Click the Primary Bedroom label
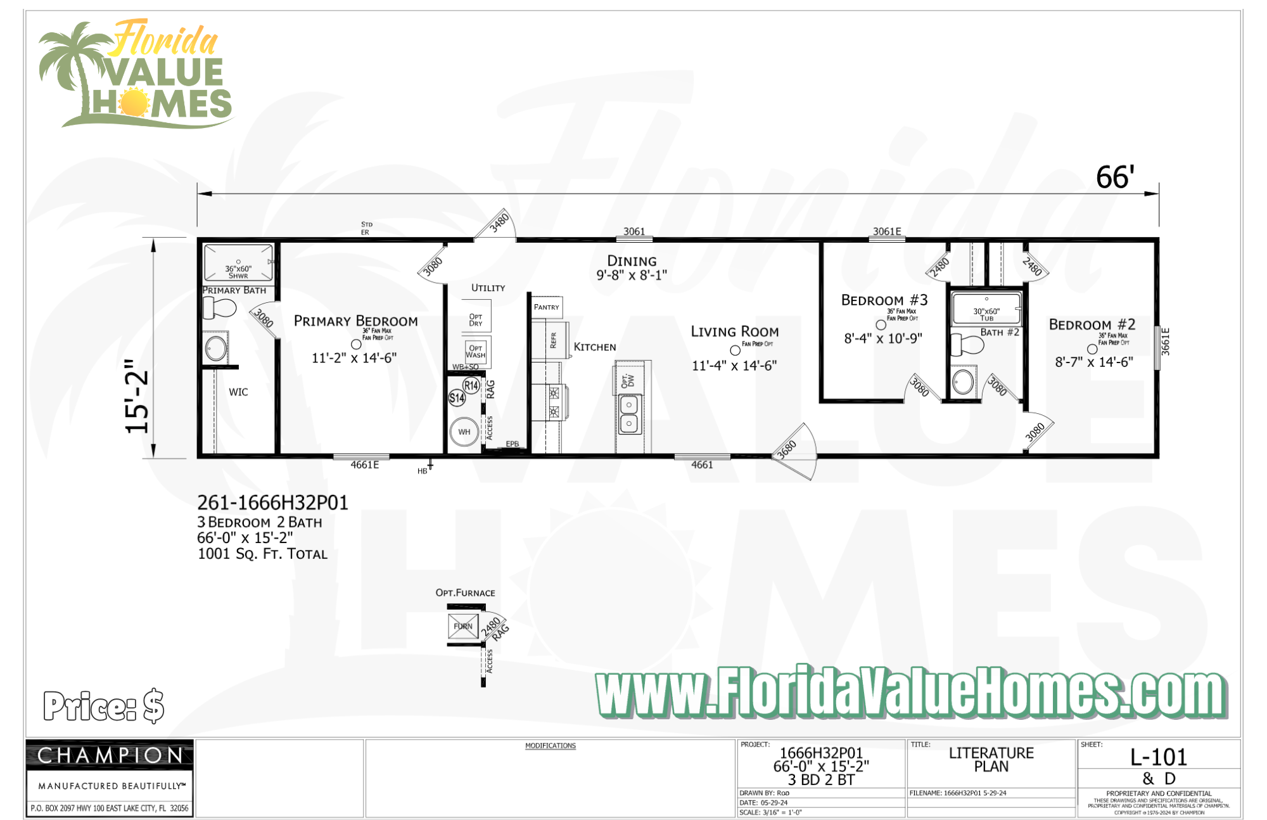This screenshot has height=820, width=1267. [x=355, y=321]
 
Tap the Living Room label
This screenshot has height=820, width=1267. [x=734, y=331]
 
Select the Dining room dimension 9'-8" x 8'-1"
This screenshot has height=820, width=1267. [x=631, y=276]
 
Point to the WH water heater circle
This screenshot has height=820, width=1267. [x=464, y=432]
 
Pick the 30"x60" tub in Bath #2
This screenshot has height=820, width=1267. [x=986, y=309]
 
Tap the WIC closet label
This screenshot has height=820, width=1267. [x=238, y=392]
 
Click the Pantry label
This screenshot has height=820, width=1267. [x=546, y=307]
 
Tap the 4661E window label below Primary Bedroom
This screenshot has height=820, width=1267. [x=365, y=465]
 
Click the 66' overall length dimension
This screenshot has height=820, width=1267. [x=1115, y=177]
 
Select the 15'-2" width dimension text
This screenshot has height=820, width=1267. [x=137, y=397]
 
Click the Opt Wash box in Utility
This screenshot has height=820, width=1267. [x=476, y=351]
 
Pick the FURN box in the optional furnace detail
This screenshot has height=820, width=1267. [x=463, y=626]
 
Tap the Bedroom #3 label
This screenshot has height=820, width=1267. [x=884, y=300]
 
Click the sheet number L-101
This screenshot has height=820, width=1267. [x=1159, y=757]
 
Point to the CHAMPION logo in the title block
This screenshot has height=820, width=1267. [x=110, y=755]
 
